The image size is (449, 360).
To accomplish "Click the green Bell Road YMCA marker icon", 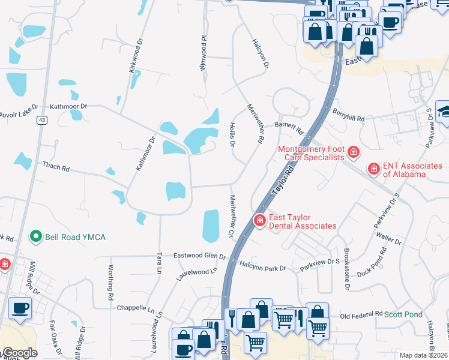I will click(37, 237).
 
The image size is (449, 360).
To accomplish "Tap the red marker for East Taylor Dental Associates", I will click(260, 221).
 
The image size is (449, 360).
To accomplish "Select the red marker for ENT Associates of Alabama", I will click(373, 170).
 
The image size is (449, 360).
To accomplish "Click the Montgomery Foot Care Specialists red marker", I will click(353, 152).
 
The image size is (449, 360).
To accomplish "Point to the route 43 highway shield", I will click(41, 120).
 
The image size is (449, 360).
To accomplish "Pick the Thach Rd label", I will click(55, 166).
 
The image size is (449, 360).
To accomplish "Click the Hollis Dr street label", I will click(232, 134).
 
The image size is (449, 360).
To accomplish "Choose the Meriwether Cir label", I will click(231, 215).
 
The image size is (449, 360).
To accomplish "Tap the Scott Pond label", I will click(403, 314).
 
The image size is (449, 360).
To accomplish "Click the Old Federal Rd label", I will click(361, 314).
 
